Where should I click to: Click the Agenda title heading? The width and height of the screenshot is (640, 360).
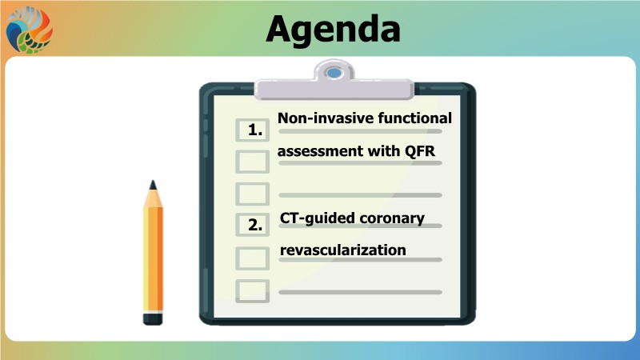pos(333,30)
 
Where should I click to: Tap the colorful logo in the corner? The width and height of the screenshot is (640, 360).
pos(30,30)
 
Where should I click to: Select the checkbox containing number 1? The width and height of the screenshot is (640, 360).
pos(252,130)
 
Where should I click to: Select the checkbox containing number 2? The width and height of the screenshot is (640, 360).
pos(252,225)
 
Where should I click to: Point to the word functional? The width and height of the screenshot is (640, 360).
pos(414,118)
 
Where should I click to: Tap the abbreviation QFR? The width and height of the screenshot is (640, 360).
pos(420,151)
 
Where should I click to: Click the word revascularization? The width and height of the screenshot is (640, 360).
pos(343,250)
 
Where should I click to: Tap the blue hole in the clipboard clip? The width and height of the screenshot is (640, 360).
pos(334,73)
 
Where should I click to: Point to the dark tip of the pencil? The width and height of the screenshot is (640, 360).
pos(153,185)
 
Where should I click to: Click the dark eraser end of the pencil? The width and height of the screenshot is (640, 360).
pos(153,318)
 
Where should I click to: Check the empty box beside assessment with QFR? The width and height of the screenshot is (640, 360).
pos(252,162)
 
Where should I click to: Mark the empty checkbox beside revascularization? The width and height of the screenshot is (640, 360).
pos(252,258)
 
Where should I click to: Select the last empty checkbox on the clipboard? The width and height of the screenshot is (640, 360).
pos(252,291)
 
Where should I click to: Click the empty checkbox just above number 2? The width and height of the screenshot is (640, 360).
pos(252,194)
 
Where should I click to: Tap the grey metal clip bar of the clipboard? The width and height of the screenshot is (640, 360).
pos(334,89)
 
